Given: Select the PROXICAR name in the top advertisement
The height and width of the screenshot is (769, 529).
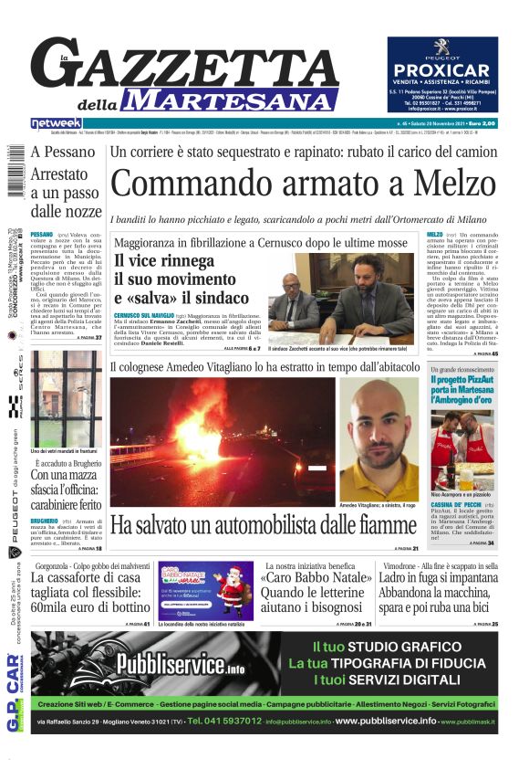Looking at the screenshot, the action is (x=442, y=70).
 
